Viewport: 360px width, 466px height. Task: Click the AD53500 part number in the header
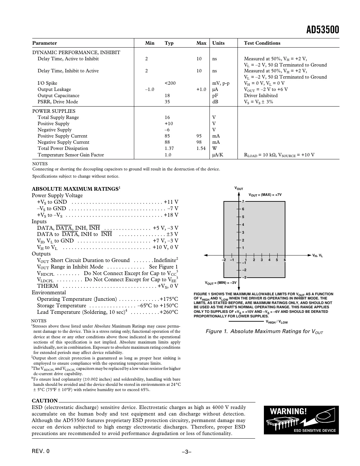(323, 30)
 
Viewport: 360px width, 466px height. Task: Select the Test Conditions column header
(262, 43)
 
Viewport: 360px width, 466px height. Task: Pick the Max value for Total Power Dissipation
(201, 148)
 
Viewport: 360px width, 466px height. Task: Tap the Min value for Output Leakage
(150, 89)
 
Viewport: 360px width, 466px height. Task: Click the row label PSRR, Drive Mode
(58, 102)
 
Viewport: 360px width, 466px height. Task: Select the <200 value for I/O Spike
(170, 83)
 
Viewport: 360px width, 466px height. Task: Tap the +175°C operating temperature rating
(169, 299)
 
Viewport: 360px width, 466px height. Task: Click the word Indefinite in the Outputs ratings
(165, 260)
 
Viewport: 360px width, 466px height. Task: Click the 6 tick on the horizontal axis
(285, 260)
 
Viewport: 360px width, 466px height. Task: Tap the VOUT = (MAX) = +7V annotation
(265, 195)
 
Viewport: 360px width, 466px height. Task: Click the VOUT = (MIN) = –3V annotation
(221, 283)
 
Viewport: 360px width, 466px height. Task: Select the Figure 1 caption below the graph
(264, 331)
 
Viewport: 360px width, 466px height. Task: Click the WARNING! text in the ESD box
(288, 411)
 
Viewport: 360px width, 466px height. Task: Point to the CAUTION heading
(45, 401)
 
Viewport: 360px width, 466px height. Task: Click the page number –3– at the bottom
(186, 452)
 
